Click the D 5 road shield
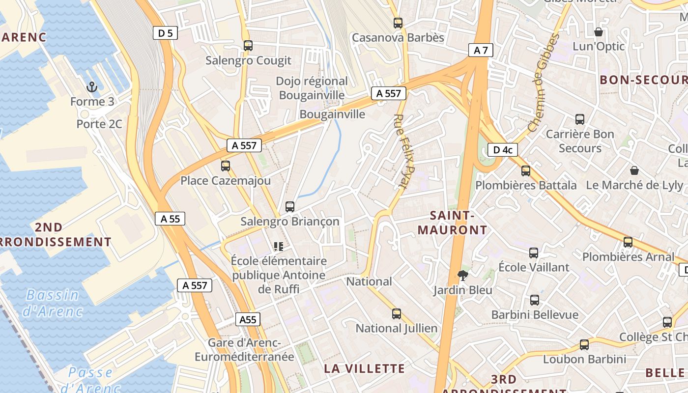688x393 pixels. tap(165, 33)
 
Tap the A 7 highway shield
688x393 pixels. tap(480, 50)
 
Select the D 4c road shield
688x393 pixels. tap(502, 150)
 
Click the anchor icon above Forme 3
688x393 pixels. tap(91, 87)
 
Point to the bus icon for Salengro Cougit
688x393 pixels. tap(248, 46)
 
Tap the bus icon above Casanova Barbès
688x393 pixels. tap(398, 23)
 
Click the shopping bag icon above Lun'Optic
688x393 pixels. tap(599, 32)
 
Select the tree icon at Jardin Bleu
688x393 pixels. tap(462, 275)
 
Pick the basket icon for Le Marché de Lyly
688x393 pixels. tap(634, 170)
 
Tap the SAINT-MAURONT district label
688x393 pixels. tap(452, 223)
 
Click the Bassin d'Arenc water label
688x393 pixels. tap(52, 303)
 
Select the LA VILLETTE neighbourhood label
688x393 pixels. tap(365, 368)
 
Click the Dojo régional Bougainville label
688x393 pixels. tap(312, 88)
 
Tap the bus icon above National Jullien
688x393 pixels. tap(397, 313)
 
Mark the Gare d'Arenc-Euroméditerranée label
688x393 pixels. tap(244, 350)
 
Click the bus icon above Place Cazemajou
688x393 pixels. tap(226, 166)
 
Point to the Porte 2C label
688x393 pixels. tap(99, 124)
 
